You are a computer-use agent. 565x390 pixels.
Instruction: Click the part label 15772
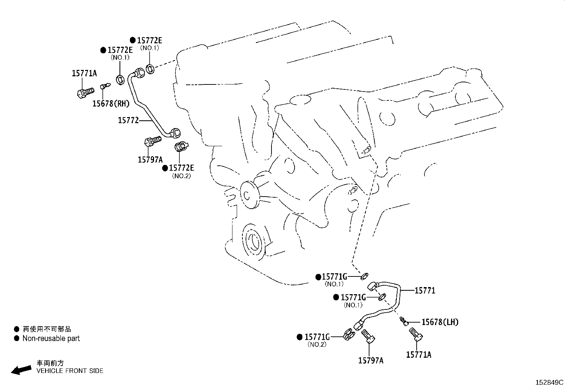128,121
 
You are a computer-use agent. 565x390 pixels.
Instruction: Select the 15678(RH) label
111,103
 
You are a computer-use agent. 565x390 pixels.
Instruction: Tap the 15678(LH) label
440,322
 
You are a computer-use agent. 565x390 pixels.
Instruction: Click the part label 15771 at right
425,291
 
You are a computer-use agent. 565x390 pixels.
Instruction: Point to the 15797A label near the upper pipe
150,159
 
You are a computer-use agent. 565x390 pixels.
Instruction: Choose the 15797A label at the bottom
371,361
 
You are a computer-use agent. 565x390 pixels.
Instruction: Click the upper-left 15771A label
84,73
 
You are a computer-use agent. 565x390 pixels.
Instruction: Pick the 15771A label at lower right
418,355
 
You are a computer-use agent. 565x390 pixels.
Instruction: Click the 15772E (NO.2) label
181,168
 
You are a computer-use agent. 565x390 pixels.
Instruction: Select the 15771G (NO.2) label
317,337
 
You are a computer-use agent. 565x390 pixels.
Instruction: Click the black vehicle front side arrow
22,369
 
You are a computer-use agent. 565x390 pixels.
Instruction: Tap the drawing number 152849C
549,383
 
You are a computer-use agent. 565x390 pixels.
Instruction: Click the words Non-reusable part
51,339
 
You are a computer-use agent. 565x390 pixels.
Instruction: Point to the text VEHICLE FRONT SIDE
70,371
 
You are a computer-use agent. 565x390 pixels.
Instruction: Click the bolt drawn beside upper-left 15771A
84,93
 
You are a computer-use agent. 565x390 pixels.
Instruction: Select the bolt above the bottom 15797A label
368,336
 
